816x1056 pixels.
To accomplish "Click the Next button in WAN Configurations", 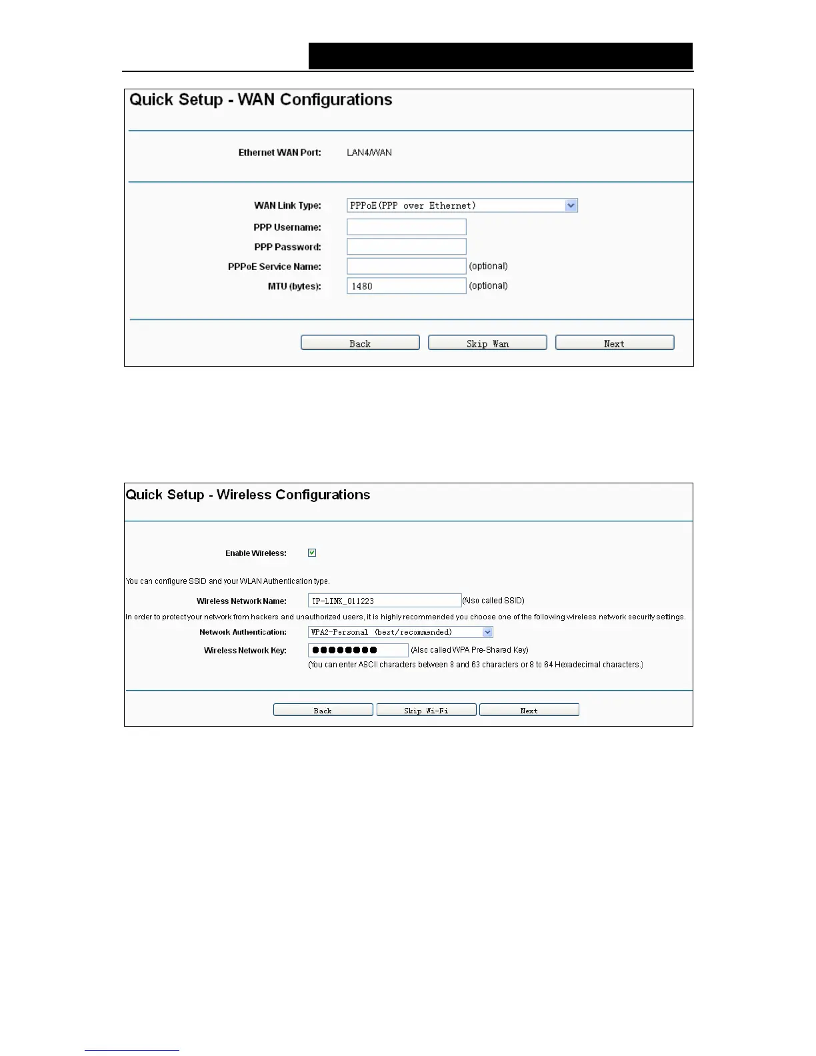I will [x=614, y=343].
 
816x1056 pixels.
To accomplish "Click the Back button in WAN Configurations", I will [x=360, y=343].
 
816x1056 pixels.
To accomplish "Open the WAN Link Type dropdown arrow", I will [x=571, y=205].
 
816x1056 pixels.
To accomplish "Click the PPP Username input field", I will [x=406, y=227].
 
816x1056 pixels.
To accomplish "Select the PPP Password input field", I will [x=406, y=247].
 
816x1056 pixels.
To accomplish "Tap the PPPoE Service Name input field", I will [x=406, y=266].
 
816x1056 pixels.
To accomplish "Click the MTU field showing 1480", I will [x=406, y=286].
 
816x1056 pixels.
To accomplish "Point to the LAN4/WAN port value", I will [x=369, y=153].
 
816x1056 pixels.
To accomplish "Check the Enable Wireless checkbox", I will [x=312, y=553].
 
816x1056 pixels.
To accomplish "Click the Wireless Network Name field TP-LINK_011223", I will [x=384, y=601].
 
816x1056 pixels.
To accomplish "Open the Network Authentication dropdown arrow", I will [x=487, y=632].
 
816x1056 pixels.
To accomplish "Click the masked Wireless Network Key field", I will [x=357, y=650].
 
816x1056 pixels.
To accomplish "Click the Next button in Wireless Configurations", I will [x=529, y=710].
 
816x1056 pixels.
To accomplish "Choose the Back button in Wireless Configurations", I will [x=323, y=710].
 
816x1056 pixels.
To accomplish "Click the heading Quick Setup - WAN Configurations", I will [x=261, y=100].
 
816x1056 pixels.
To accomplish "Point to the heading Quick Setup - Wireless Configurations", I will [x=248, y=495].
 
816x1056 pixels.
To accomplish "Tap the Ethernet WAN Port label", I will [x=279, y=153].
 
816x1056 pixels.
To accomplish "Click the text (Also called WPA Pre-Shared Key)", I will [x=469, y=650].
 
